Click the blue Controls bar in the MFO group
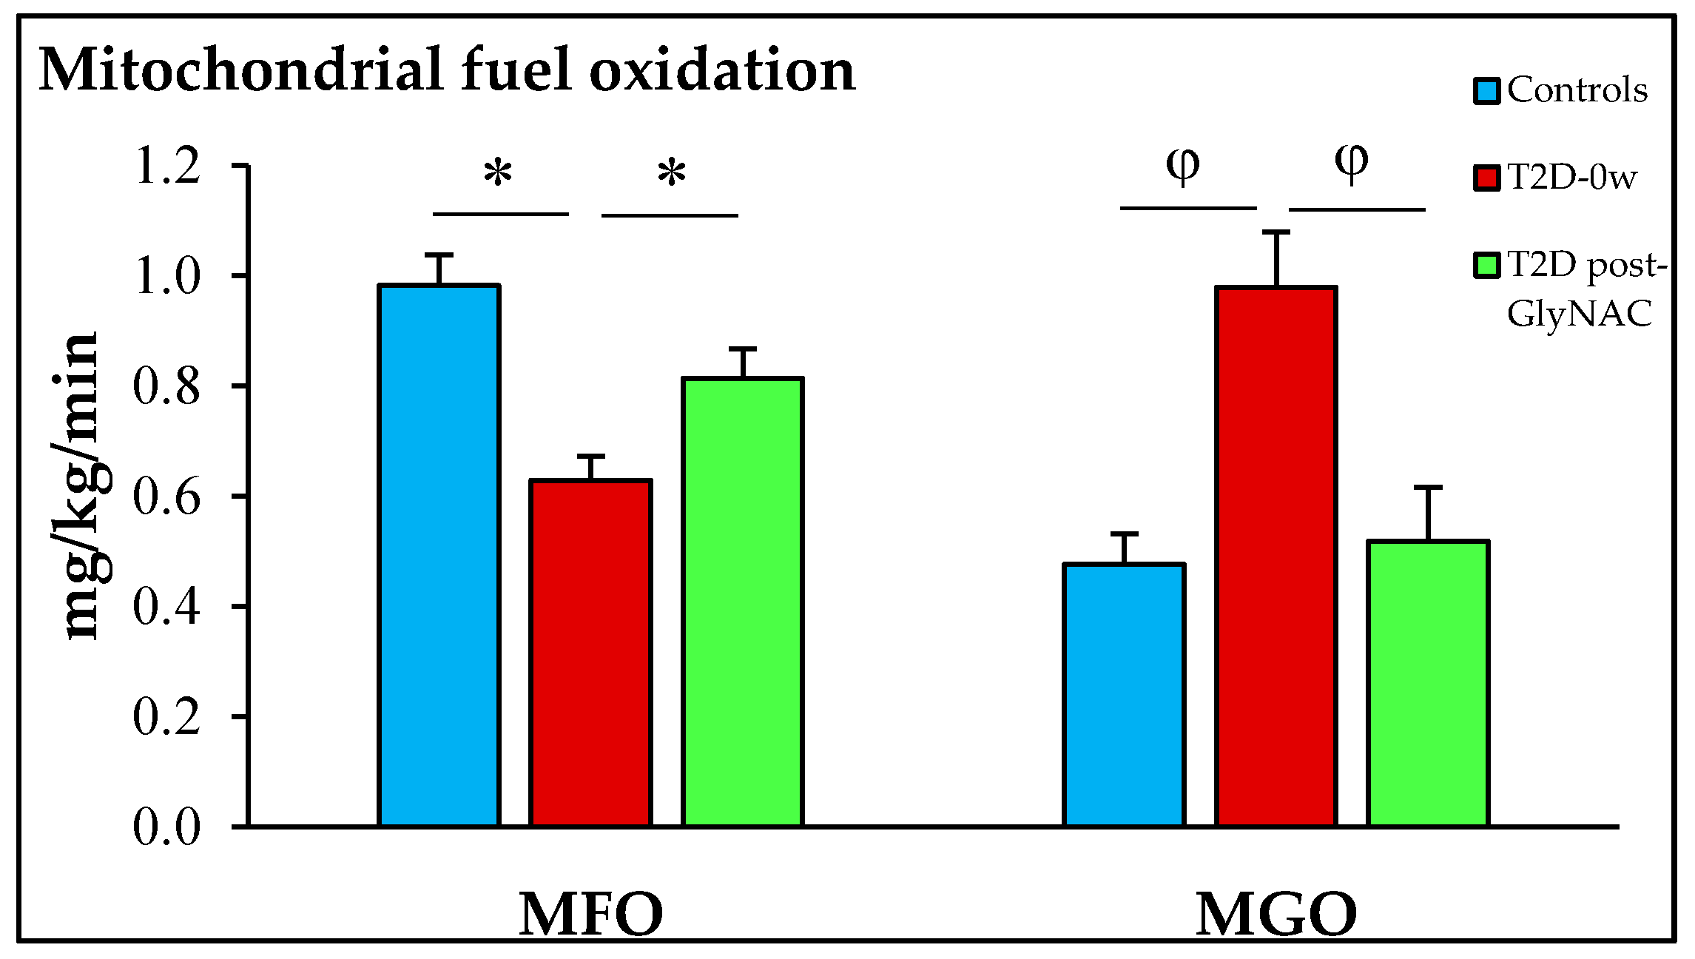439,555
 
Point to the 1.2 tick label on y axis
166,166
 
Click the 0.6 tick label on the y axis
166,497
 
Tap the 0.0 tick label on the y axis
166,827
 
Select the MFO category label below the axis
590,915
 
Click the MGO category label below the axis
1276,915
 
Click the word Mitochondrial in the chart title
240,70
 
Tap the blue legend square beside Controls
1486,91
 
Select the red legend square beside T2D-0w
1486,178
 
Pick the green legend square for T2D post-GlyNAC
1486,265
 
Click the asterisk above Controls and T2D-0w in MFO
498,173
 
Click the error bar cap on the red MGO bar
1276,232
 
